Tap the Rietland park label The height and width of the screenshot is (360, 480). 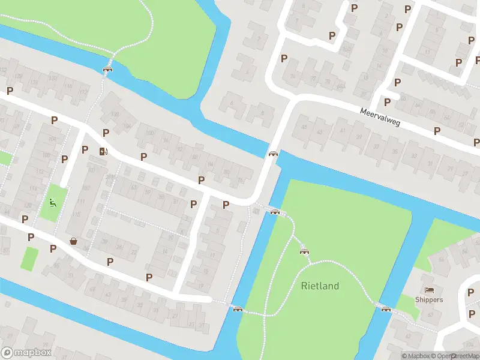point(320,286)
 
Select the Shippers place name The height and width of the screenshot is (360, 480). point(429,299)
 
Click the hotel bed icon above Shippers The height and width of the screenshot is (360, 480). point(429,289)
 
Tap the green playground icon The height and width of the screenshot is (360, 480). point(53,203)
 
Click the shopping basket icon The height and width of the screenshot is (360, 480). point(74,241)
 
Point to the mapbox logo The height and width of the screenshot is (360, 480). point(26,353)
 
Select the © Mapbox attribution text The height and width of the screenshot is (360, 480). point(416,356)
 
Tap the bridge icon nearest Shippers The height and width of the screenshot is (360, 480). point(386,310)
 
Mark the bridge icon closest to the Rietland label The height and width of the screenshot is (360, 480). point(304,251)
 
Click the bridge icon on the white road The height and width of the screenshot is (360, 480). point(274,155)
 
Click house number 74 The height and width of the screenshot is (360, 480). point(240,180)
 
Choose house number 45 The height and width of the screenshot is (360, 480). point(304,127)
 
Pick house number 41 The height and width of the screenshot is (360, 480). point(343,130)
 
